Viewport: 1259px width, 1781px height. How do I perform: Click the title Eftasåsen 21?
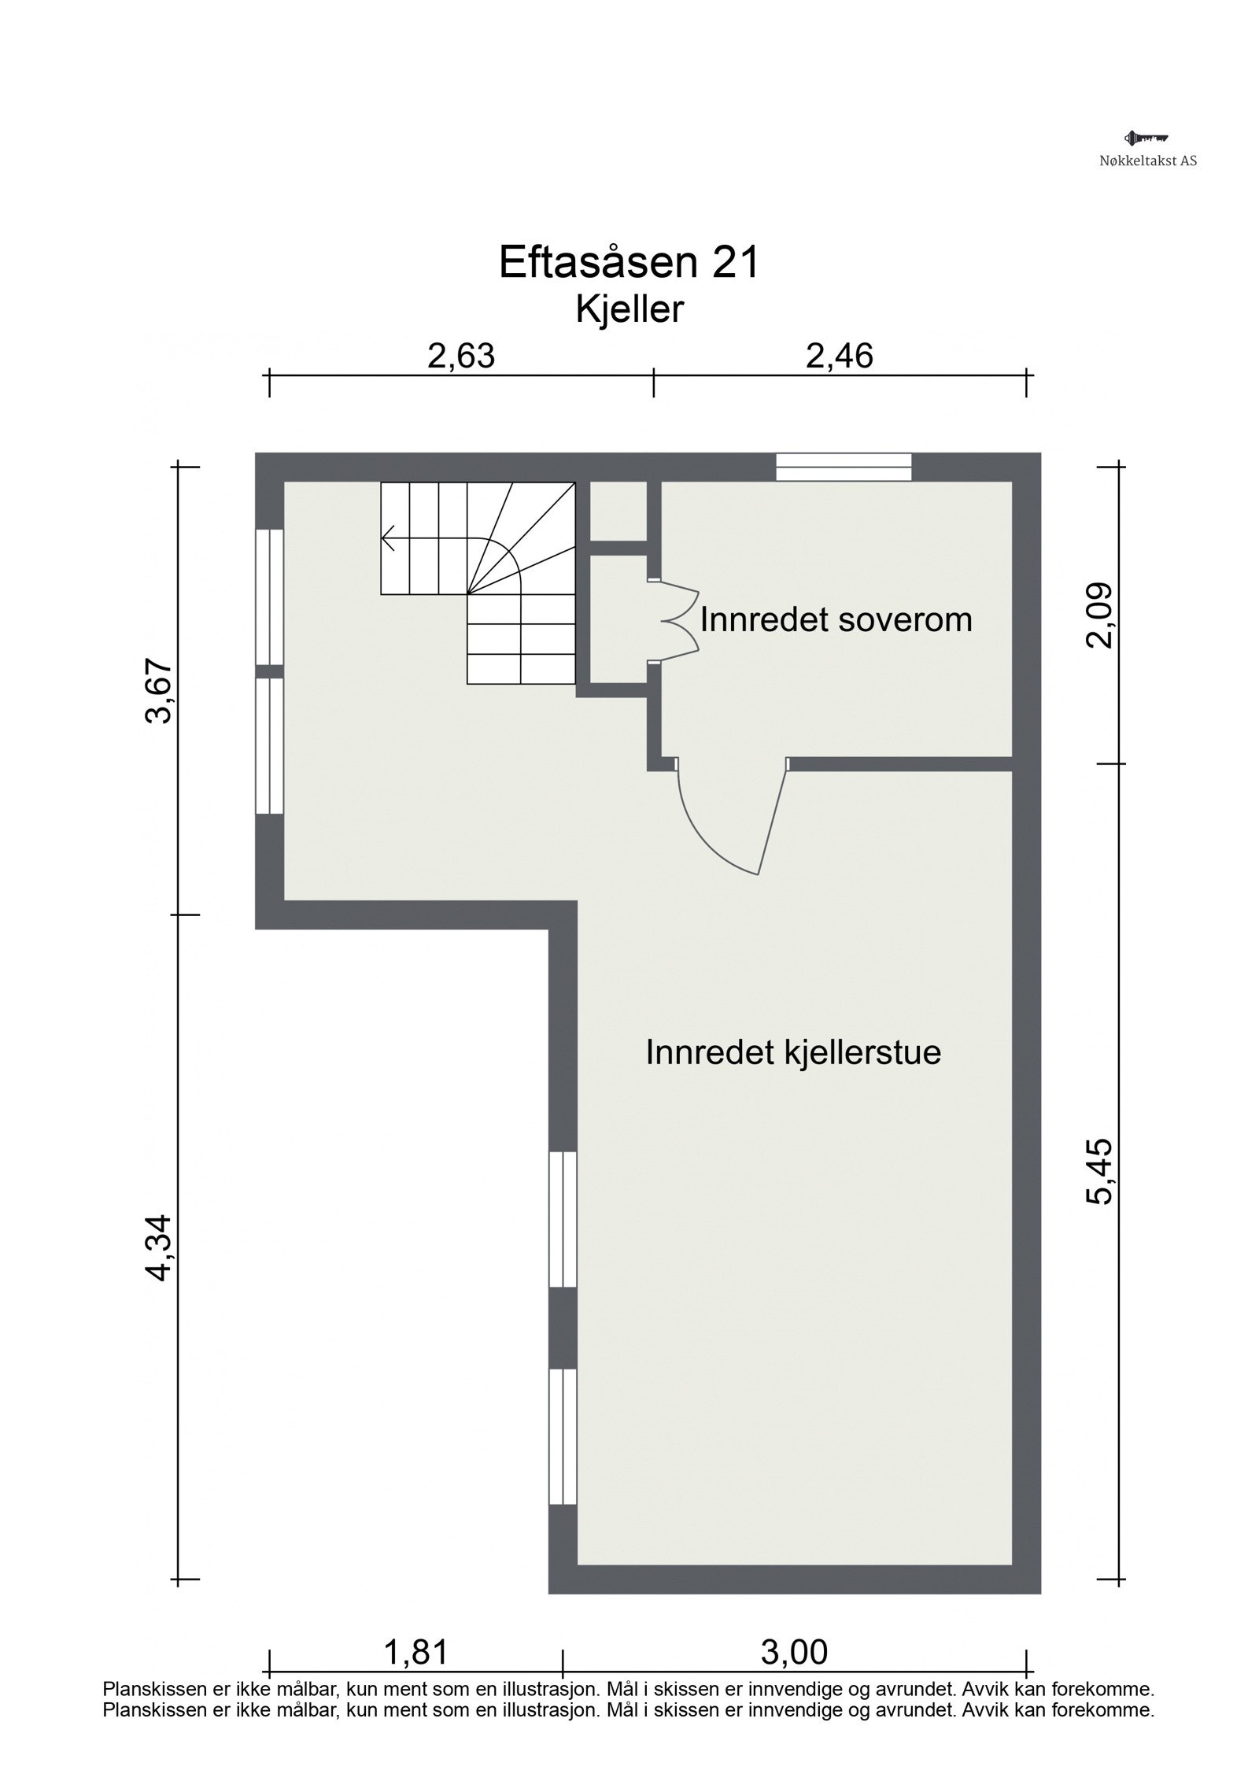(629, 263)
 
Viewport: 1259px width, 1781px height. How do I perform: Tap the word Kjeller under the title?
(629, 310)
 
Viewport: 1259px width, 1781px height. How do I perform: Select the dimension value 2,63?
(461, 357)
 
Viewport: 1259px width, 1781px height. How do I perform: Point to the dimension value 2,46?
(839, 357)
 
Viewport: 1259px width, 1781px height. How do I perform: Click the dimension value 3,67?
(158, 691)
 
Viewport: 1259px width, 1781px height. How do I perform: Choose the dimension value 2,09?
(1098, 615)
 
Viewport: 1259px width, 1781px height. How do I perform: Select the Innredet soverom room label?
(836, 620)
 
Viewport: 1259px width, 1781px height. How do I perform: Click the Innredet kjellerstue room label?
(793, 1052)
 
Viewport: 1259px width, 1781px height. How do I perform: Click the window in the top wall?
(844, 467)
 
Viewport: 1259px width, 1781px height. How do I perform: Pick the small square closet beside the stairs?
(618, 511)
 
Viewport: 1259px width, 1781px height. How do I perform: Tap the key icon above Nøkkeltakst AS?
(1146, 139)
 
